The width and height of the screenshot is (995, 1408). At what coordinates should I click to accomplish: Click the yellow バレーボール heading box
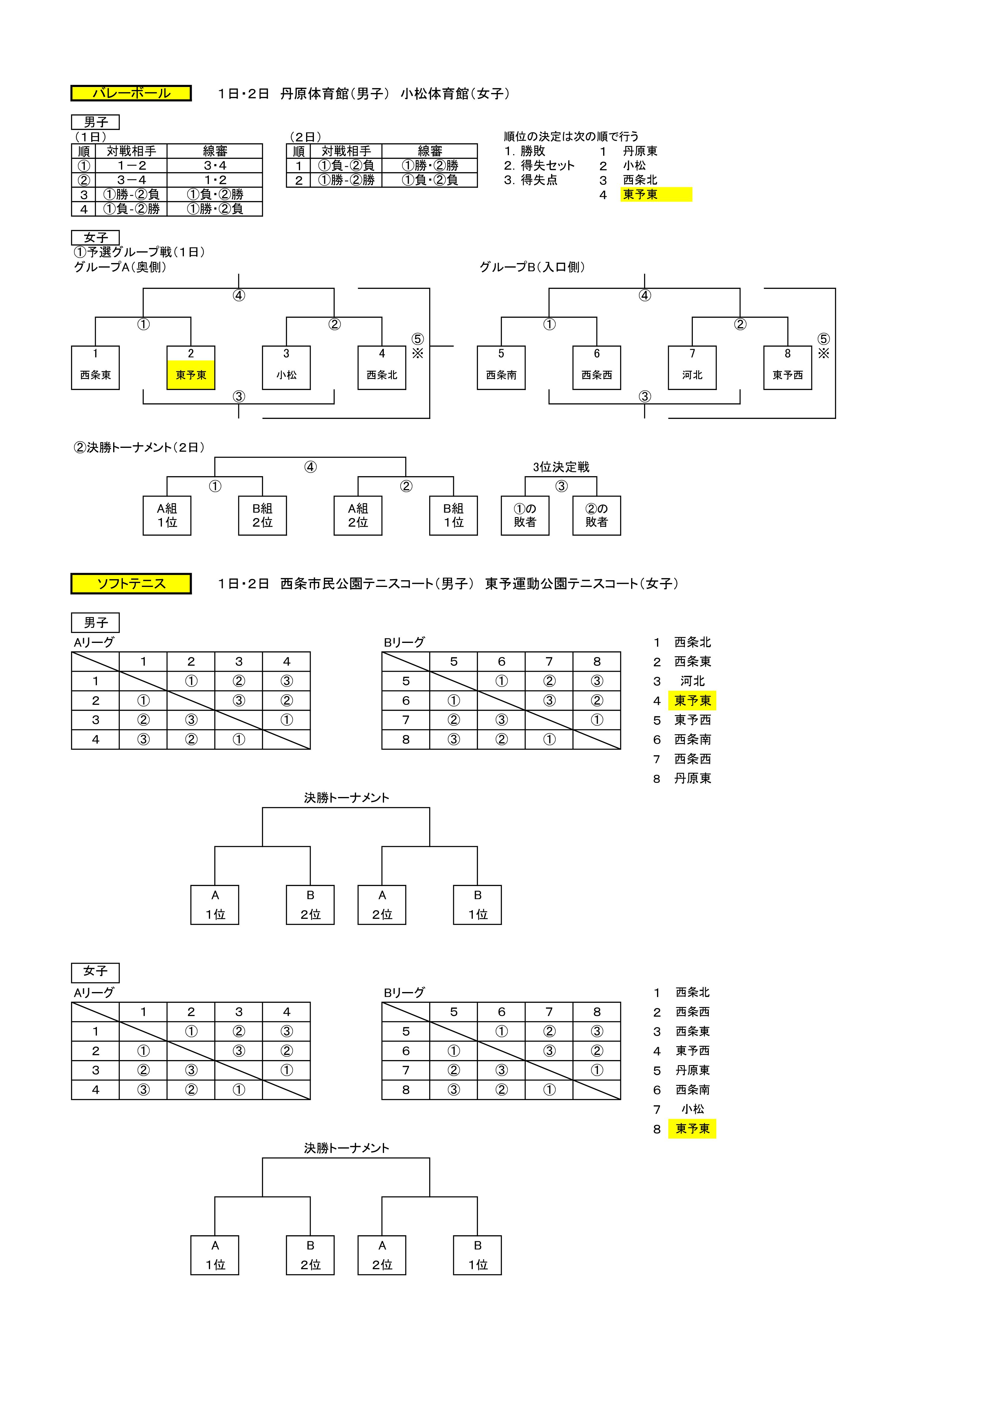(x=131, y=93)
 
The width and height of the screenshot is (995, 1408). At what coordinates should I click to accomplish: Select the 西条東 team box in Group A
(x=96, y=368)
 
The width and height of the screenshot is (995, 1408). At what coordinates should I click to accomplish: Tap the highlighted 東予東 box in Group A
(x=191, y=368)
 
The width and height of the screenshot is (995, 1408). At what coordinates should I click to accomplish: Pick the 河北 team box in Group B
(x=692, y=368)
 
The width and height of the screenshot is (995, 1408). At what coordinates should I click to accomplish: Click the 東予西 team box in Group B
(x=788, y=368)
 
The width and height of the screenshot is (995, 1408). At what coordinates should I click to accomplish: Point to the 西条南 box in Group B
(x=501, y=368)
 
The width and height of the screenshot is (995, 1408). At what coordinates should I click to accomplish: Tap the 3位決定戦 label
(x=561, y=467)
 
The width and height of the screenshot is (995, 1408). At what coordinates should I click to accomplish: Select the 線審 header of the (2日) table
(x=430, y=151)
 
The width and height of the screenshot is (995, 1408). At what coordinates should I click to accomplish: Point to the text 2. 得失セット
(x=540, y=166)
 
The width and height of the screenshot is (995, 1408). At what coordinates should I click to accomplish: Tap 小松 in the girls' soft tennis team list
(x=693, y=1109)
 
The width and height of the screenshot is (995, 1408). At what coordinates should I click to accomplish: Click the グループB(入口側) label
(x=532, y=267)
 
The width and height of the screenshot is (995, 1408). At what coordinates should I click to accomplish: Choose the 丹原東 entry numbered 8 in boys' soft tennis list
(x=693, y=778)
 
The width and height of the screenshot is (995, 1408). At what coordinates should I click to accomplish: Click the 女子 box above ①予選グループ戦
(x=96, y=237)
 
